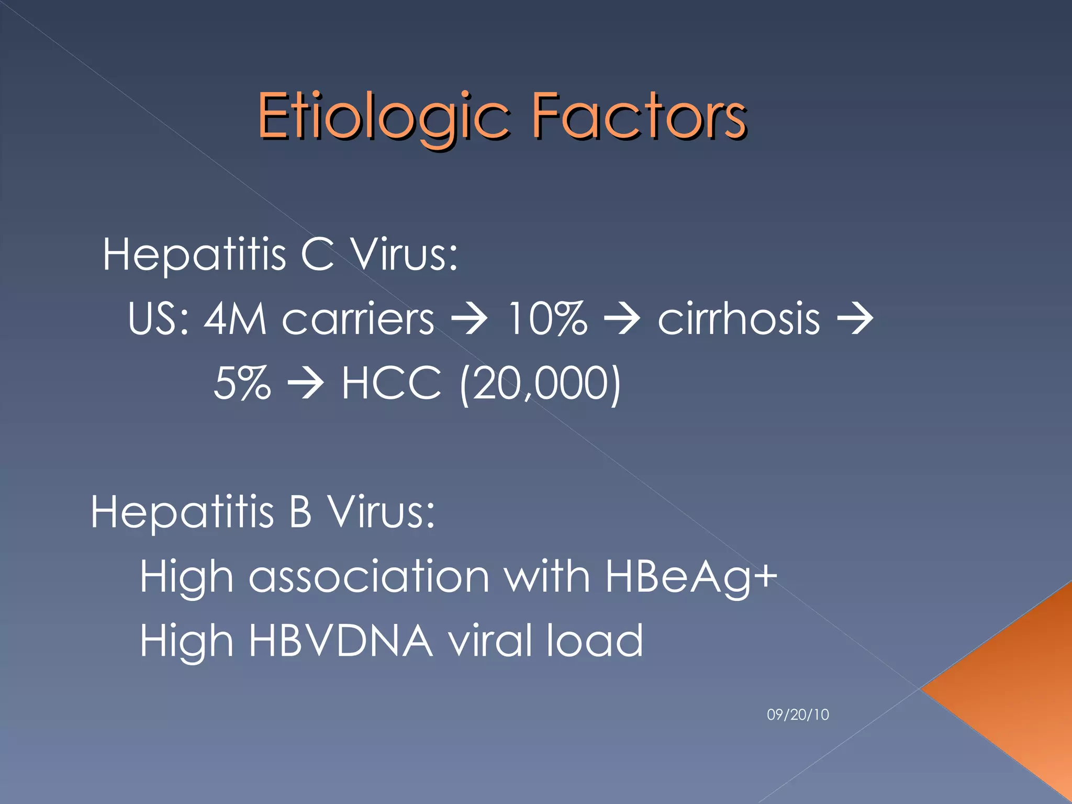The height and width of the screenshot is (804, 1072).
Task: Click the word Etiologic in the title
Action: [x=383, y=116]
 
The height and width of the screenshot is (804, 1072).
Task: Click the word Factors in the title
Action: [x=639, y=116]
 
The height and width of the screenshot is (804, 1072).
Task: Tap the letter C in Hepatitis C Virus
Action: [x=317, y=254]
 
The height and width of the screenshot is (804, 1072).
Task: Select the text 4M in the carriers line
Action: [x=235, y=319]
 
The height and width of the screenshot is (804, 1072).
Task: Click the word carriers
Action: [x=358, y=319]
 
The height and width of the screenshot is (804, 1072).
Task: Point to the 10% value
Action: [x=547, y=319]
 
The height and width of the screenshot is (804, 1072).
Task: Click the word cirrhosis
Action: [x=738, y=319]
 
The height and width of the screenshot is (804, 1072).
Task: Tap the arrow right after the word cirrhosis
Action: [x=855, y=319]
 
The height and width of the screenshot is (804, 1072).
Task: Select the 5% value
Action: [x=242, y=383]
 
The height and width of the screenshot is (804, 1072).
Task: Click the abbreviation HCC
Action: [x=392, y=383]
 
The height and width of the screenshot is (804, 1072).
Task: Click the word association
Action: [x=369, y=577]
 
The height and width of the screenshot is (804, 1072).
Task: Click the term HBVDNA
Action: [x=341, y=641]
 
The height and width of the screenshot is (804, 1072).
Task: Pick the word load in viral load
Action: [x=594, y=641]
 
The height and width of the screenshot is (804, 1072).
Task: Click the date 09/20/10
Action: [x=798, y=714]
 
